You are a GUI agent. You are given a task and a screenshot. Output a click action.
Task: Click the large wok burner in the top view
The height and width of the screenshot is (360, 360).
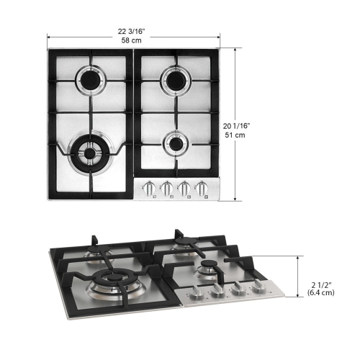[x=89, y=150]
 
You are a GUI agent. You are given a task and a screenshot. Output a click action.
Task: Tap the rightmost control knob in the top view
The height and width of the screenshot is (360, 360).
[x=202, y=189]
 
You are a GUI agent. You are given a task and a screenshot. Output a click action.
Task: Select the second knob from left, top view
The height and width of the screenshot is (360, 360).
[x=167, y=189]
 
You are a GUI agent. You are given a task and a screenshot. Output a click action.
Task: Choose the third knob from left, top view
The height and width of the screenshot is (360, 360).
[x=185, y=189]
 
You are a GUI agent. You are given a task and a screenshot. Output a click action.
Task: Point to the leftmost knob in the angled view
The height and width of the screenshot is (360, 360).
[x=194, y=295]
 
